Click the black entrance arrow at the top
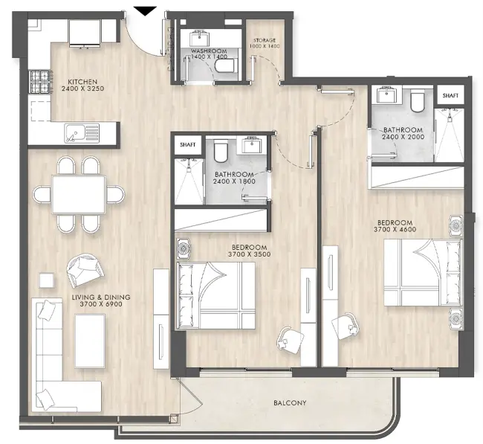pos(146,10)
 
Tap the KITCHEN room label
pos(80,83)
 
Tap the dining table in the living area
pos(79,193)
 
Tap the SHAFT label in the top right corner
pos(450,96)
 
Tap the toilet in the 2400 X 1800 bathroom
pos(219,152)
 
